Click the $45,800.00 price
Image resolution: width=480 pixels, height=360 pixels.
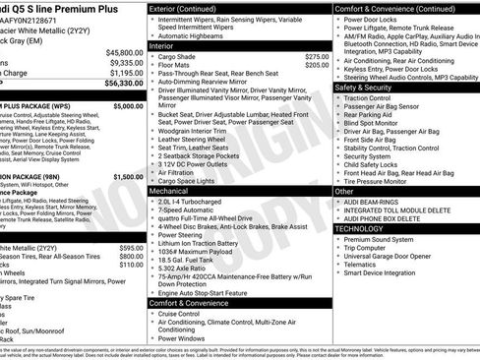coord(124,51)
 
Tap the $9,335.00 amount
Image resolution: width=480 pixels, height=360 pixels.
coord(125,62)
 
